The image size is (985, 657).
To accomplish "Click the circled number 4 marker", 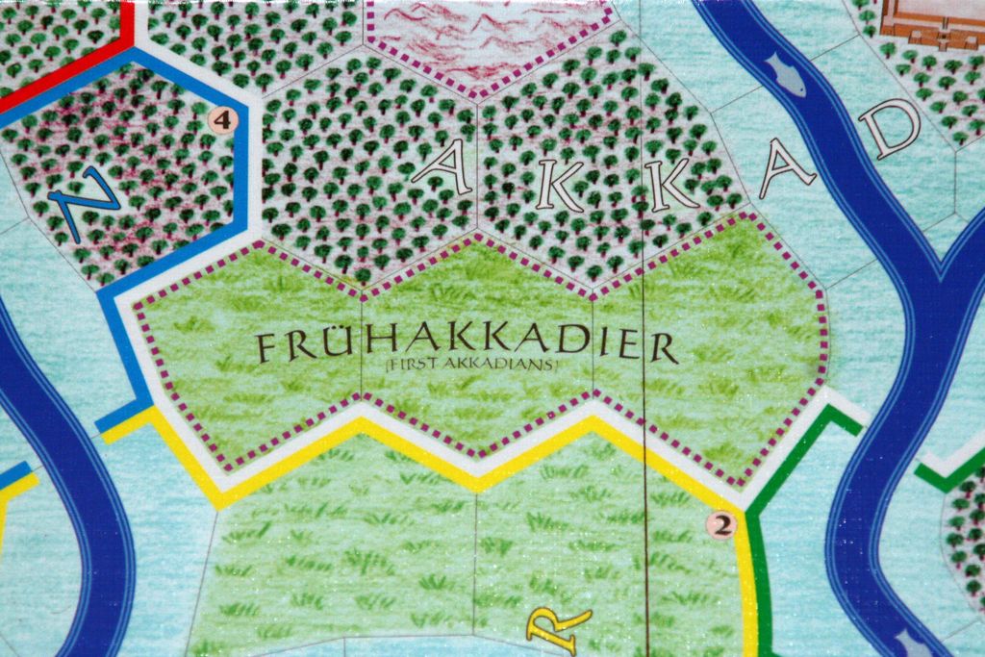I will coord(222,120).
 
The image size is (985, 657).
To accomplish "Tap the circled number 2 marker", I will coord(721,524).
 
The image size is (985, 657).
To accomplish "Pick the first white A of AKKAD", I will coord(441,168).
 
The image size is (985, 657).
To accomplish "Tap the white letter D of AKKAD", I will coord(891,127).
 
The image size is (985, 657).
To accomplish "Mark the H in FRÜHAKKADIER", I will coord(375,347).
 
